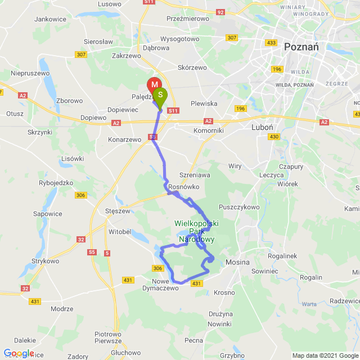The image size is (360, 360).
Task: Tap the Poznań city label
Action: (301, 47)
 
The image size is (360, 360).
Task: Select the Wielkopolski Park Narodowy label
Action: (196, 231)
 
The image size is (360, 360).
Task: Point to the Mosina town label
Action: (237, 262)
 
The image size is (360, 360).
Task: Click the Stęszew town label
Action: (118, 211)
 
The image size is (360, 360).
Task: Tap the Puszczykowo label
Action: (241, 207)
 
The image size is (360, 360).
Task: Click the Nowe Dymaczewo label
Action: (165, 285)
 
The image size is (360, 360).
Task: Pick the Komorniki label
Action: (193, 130)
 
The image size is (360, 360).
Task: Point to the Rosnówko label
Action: (183, 187)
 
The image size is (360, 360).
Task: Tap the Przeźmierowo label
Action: (188, 18)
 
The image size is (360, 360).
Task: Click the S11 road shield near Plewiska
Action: (173, 111)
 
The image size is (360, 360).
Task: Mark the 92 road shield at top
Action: (220, 11)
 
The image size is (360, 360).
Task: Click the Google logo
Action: (19, 353)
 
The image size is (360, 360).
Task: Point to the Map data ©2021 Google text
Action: (325, 355)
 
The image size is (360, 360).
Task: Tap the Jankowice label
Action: (51, 19)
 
